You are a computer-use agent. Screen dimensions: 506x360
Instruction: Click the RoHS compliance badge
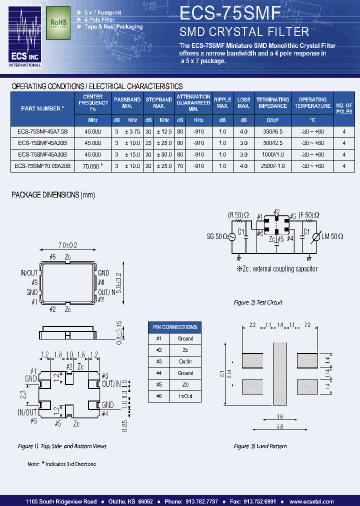click(58, 23)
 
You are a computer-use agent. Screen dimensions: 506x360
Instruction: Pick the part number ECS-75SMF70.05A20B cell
click(42, 166)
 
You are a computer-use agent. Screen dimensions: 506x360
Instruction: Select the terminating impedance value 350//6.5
click(272, 130)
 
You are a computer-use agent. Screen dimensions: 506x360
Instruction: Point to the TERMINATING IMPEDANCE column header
click(272, 103)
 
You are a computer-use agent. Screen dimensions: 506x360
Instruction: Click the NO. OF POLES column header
click(344, 108)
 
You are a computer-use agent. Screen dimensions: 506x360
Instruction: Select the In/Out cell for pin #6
click(185, 396)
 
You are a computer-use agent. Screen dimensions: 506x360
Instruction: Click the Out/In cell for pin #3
click(185, 361)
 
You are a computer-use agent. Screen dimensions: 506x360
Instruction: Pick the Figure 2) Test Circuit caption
click(258, 302)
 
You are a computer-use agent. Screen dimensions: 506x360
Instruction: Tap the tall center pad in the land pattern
click(279, 373)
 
